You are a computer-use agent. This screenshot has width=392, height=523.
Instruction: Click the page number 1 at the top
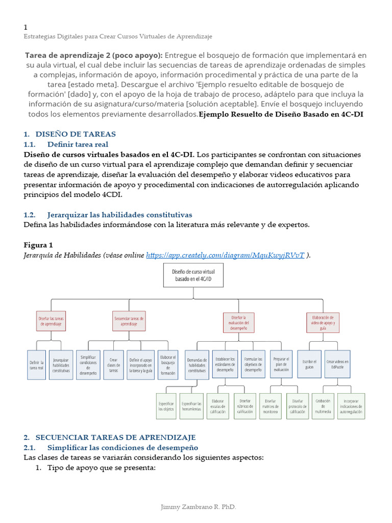coord(26,27)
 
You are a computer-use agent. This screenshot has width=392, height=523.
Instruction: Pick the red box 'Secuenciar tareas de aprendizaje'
coord(129,321)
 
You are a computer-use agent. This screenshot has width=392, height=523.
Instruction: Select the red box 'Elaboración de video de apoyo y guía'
coord(323,322)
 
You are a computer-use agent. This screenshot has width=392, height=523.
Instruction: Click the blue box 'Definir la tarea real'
coord(36,365)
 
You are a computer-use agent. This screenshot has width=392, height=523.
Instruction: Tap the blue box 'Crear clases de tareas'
coord(114,365)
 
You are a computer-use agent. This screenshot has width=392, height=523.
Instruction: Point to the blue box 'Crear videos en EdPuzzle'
coord(338,364)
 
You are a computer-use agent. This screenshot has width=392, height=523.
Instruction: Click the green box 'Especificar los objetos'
coord(166,406)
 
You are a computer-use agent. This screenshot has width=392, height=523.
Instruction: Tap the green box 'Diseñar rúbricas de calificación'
coord(245,406)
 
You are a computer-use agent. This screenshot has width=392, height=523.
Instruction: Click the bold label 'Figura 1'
coord(38,245)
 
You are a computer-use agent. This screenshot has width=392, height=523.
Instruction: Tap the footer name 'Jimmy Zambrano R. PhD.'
coord(198,507)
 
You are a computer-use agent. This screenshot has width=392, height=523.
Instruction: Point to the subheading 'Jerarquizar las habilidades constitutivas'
coord(119,215)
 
